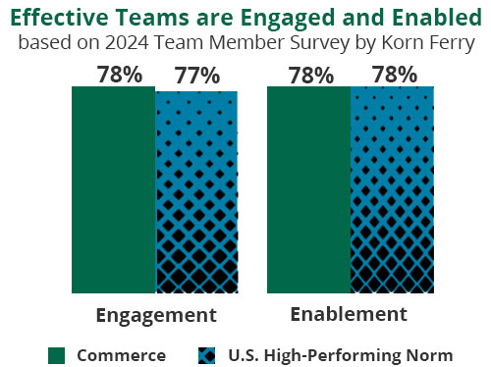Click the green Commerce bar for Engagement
113,189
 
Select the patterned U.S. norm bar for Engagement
196,191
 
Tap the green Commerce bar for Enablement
308,189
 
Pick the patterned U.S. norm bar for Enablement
391,189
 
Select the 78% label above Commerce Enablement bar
310,75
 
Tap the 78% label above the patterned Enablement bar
392,75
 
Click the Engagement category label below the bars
155,315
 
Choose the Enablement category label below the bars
349,314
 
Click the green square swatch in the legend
57,354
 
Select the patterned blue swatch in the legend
206,354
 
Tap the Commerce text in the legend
121,354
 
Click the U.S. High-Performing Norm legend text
340,354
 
